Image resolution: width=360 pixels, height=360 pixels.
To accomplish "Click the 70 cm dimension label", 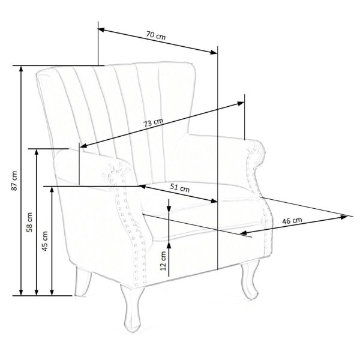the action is tap(156, 35).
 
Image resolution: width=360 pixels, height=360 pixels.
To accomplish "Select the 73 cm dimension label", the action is tap(153, 123).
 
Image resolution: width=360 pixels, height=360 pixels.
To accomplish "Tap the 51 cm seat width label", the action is tap(180, 188).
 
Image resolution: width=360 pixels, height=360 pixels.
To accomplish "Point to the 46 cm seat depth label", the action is tap(292, 221).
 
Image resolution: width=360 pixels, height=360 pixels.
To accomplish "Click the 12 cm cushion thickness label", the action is tap(163, 261).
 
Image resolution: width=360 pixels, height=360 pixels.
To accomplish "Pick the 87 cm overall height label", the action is tap(14, 181).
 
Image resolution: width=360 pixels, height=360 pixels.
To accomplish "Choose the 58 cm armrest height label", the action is tap(29, 222).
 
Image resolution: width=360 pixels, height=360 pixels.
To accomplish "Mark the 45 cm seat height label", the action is tap(45, 241).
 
